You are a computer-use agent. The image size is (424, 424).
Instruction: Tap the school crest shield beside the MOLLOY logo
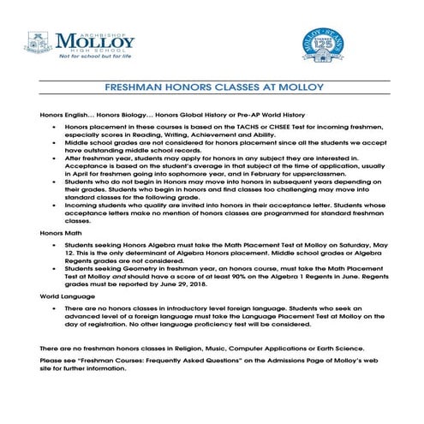coord(37,42)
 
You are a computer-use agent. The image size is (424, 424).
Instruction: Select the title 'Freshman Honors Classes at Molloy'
coord(211,87)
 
